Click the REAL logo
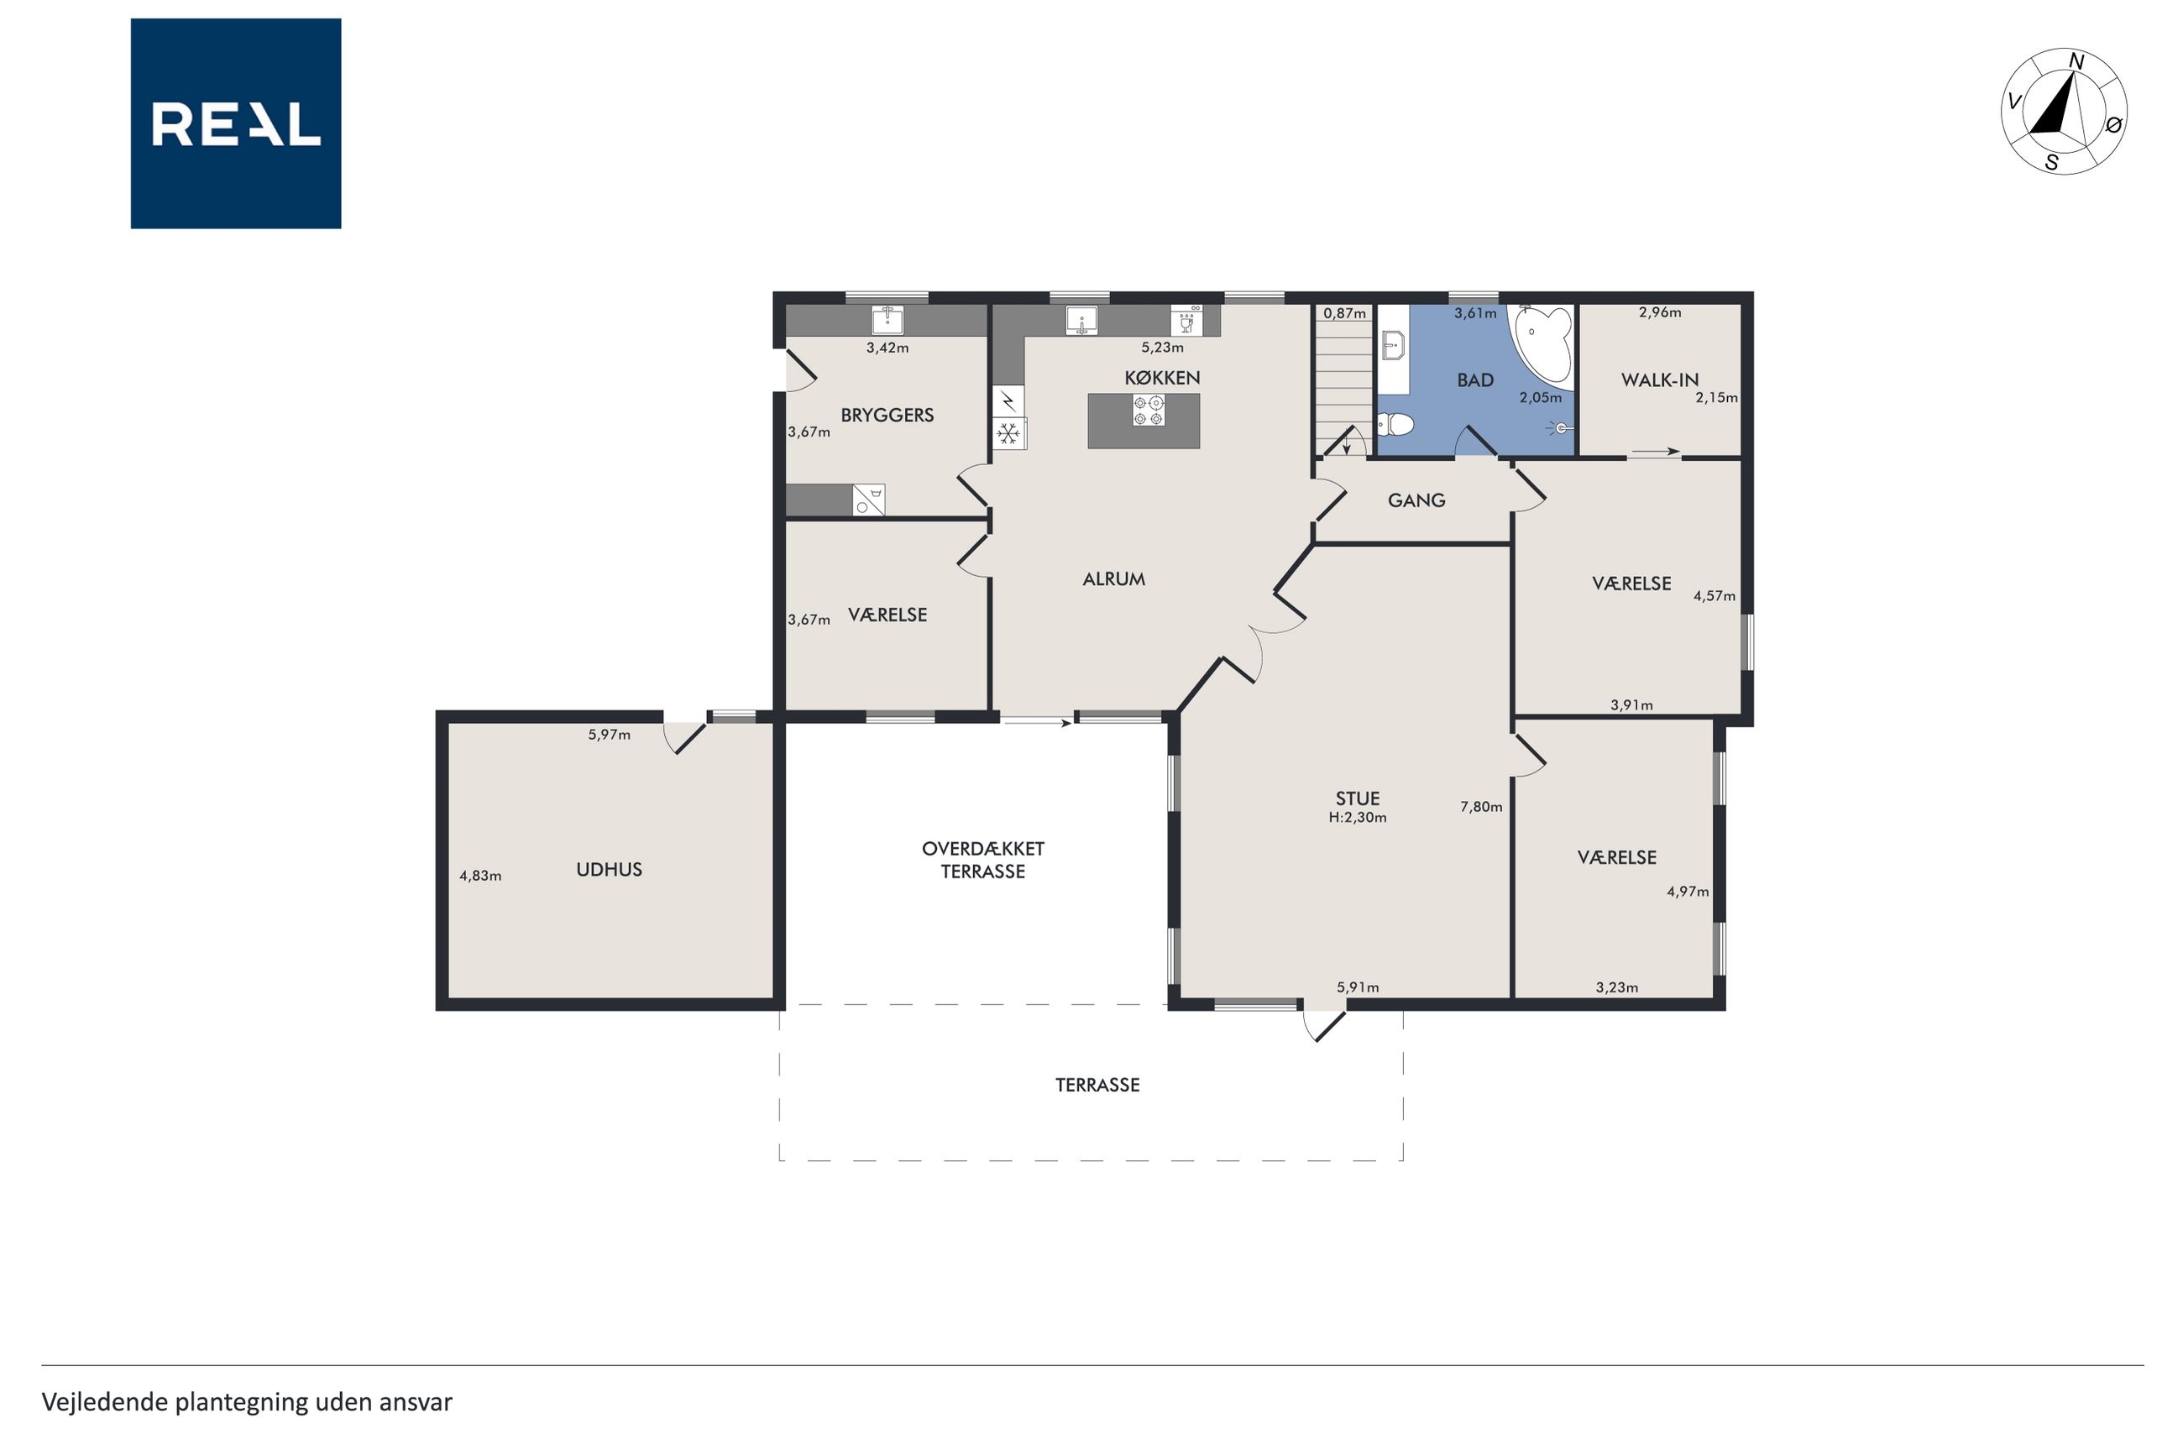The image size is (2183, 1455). coord(236,123)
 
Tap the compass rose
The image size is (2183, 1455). coord(2063,112)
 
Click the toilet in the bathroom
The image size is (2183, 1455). coord(1395,425)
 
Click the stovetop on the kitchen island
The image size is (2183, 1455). coord(1149,411)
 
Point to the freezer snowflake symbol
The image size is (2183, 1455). coord(1008,432)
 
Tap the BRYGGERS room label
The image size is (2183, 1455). coord(887,415)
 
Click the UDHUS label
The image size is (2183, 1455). coord(609,870)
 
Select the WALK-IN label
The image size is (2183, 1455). coord(1659,379)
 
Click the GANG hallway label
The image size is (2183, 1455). coord(1416,500)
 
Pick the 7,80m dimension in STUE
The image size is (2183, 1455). coord(1481,806)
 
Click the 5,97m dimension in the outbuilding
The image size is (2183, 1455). coord(609,735)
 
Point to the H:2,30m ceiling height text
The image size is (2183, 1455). coord(1358,818)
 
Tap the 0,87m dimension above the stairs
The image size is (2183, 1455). coord(1345,314)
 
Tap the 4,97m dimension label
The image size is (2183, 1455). coord(1687,892)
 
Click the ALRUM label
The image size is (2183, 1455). coord(1113,579)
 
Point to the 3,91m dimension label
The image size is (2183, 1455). coord(1631,705)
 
